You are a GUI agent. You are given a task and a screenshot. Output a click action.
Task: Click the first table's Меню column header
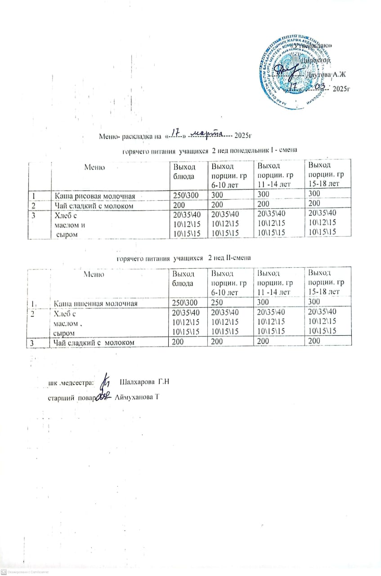click(94, 167)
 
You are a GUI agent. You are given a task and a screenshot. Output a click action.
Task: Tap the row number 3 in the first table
click(33, 216)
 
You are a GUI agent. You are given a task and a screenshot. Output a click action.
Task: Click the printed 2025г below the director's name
click(341, 88)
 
